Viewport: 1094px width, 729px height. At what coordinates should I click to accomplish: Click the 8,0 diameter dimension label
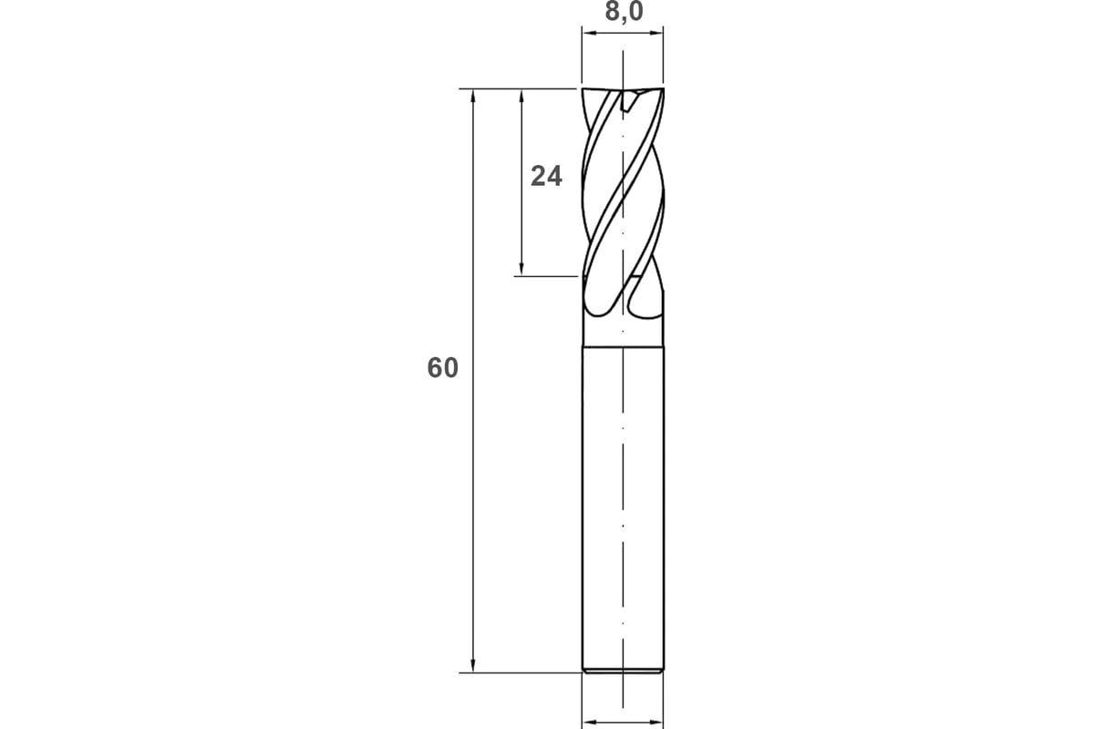624,12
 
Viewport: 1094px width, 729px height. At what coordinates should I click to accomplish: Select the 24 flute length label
546,176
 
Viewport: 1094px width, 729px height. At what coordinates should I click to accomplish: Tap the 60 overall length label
442,367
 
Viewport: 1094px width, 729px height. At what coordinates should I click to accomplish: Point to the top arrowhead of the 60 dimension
473,97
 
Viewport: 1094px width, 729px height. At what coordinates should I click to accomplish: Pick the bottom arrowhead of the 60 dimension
473,664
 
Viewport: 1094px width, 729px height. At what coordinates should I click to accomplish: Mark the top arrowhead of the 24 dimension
521,97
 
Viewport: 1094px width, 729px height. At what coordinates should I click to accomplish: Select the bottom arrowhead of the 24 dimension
521,268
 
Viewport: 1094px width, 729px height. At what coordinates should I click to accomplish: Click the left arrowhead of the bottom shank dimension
590,722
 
